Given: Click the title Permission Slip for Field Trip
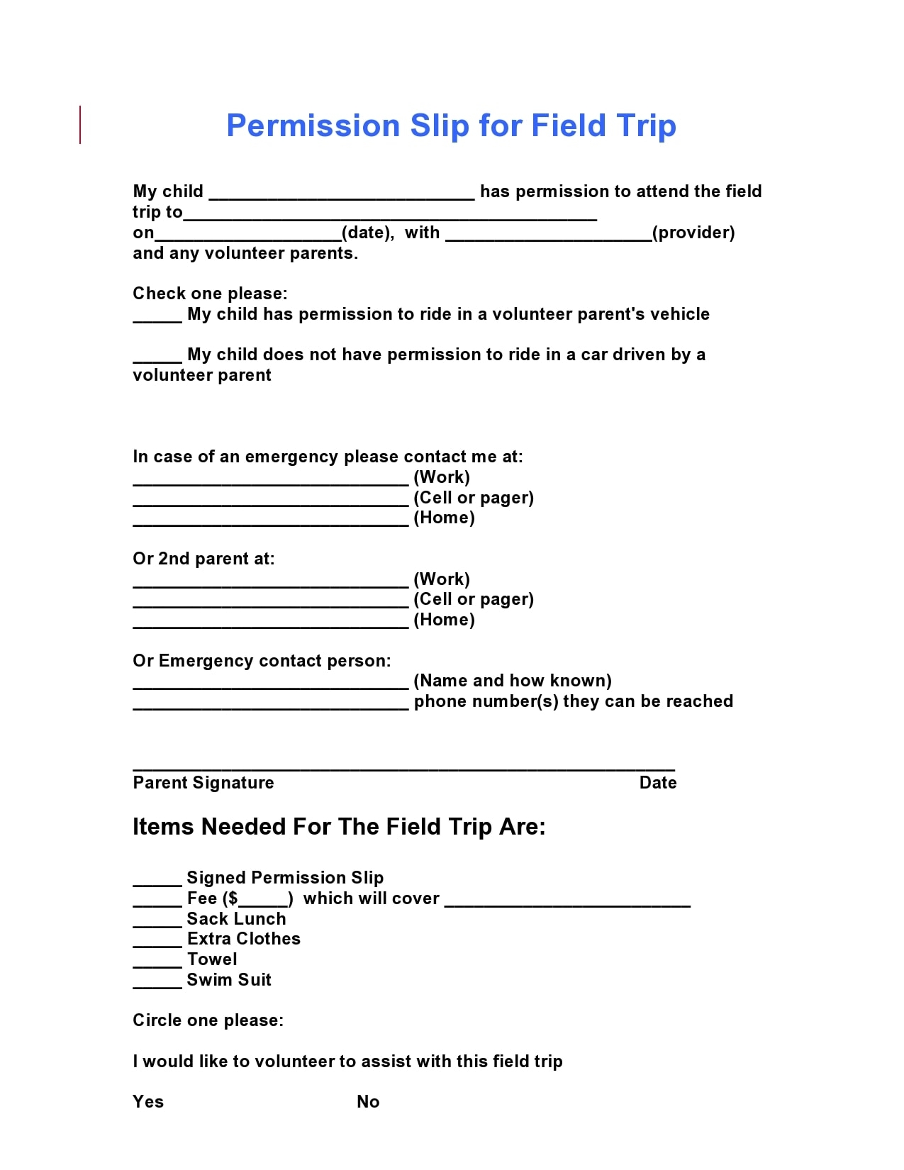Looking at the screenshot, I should click(x=451, y=126).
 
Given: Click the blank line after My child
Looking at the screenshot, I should click(x=342, y=194).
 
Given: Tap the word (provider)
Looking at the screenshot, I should click(x=693, y=233).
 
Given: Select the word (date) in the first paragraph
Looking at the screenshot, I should click(x=368, y=233).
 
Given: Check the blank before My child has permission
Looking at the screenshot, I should click(x=157, y=316).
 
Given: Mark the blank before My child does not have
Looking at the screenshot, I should click(x=157, y=357).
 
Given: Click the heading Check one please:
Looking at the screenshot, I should click(x=210, y=294).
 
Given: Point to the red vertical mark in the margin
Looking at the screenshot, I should click(x=80, y=125).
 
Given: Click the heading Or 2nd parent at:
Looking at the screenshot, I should click(x=203, y=559).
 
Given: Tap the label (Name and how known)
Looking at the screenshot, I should click(x=513, y=681).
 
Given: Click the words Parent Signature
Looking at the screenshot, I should click(x=203, y=783).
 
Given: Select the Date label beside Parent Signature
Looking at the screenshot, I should click(x=658, y=783).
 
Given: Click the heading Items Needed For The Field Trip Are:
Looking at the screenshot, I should click(x=339, y=827).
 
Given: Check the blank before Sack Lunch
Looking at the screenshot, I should click(x=157, y=921).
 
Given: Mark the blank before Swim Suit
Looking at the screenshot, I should click(x=157, y=982).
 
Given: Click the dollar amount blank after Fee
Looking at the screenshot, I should click(x=263, y=901).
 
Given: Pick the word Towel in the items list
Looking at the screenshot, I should click(x=212, y=959).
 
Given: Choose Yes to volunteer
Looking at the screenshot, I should click(x=148, y=1102).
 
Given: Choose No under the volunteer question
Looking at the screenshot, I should click(x=368, y=1102).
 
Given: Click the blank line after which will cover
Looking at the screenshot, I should click(x=567, y=901).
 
